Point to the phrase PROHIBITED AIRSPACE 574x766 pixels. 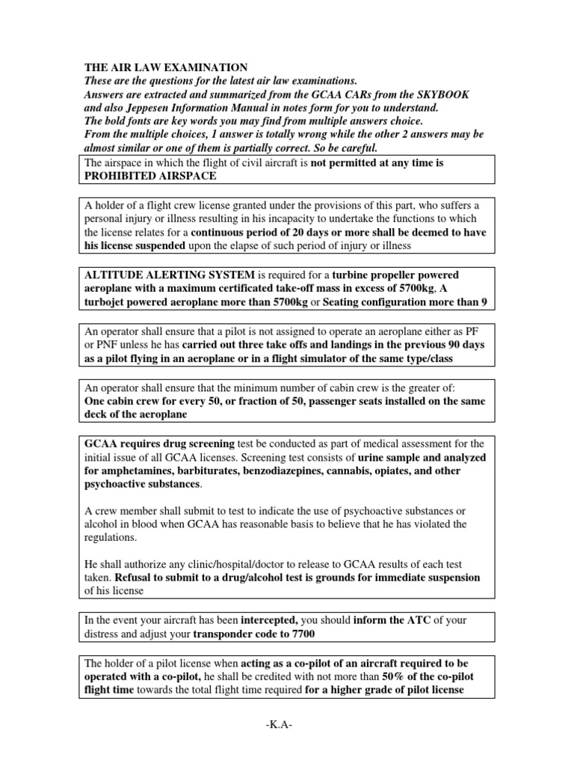pos(152,175)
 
